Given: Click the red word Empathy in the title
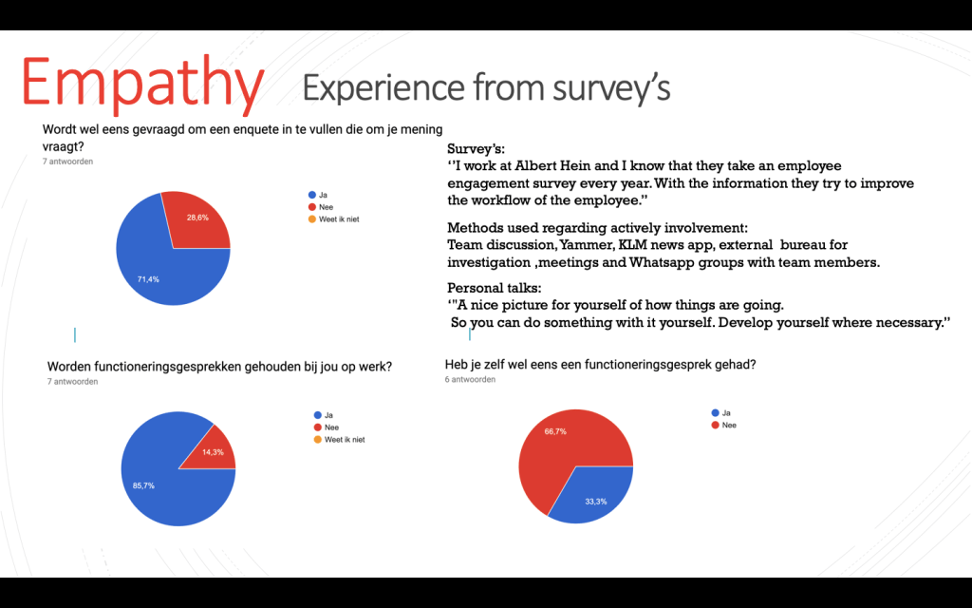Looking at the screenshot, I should [142, 84].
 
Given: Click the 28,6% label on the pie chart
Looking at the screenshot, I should [197, 218].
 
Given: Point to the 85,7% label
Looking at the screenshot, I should [143, 485].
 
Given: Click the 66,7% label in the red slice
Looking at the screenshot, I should [556, 430].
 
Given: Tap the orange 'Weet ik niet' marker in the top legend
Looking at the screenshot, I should [310, 219].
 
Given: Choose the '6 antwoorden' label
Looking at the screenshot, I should [470, 379].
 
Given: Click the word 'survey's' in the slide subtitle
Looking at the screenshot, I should [612, 87].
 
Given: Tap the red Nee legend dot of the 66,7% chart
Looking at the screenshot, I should [715, 425].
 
